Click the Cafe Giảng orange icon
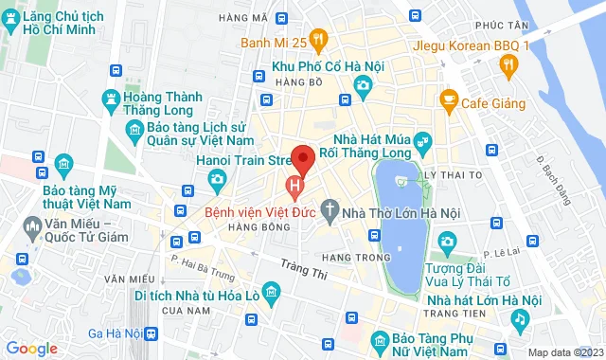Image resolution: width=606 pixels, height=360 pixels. tap(449, 98)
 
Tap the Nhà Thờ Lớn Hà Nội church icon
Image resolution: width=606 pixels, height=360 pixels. tap(329, 207)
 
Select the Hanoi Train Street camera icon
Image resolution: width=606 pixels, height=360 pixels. tap(217, 178)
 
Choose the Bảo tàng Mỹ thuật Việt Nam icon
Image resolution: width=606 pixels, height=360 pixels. tap(63, 164)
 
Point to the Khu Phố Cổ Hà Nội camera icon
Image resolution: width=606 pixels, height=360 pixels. tap(362, 87)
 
